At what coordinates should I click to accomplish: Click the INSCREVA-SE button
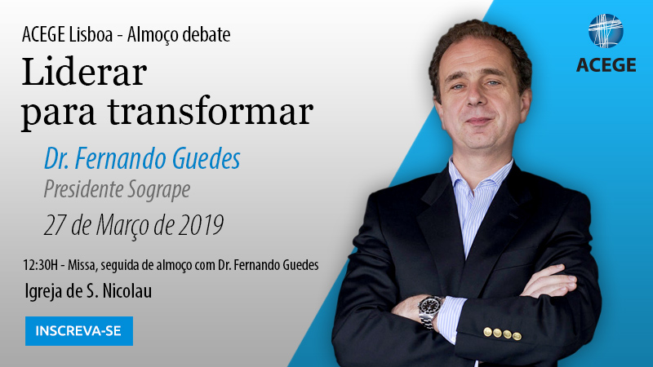78,331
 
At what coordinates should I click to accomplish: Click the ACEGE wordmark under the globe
606,65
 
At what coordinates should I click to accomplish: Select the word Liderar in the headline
83,74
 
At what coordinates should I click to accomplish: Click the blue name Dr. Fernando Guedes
142,158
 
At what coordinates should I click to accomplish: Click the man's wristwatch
429,308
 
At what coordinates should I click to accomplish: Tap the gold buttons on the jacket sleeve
502,334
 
